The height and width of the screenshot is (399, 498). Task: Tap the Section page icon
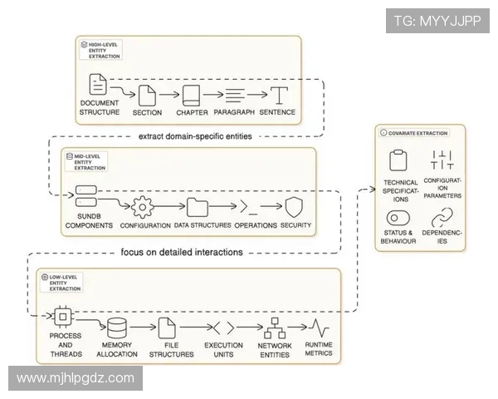[x=147, y=95]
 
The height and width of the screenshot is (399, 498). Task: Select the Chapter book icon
[x=192, y=95]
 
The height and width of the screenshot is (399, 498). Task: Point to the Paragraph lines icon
[x=233, y=95]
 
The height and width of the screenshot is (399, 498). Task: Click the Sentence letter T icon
[x=279, y=95]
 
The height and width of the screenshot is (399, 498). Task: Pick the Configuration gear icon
[x=144, y=206]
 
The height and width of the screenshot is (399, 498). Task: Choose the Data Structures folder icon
[x=198, y=207]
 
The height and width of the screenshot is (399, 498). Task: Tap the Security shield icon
[x=295, y=207]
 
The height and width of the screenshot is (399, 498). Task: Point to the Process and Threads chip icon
[x=63, y=316]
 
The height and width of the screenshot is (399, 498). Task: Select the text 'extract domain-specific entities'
[x=196, y=135]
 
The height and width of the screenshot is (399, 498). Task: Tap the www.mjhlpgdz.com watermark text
[x=76, y=378]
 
